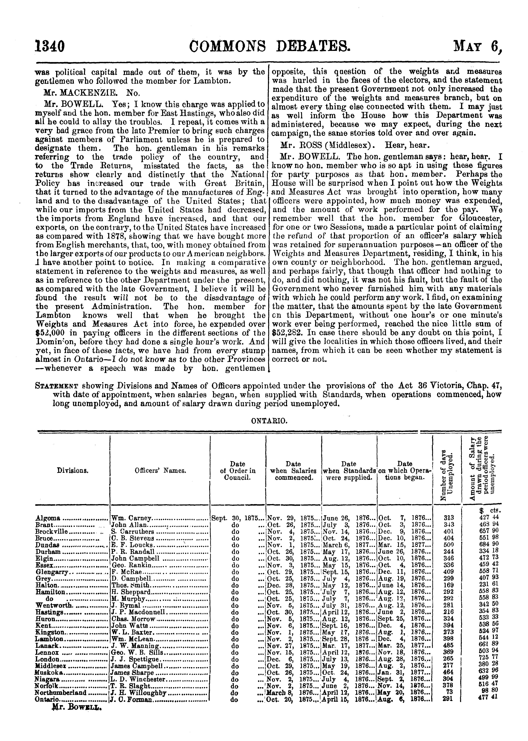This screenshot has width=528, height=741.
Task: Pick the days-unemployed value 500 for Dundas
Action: (449, 545)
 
